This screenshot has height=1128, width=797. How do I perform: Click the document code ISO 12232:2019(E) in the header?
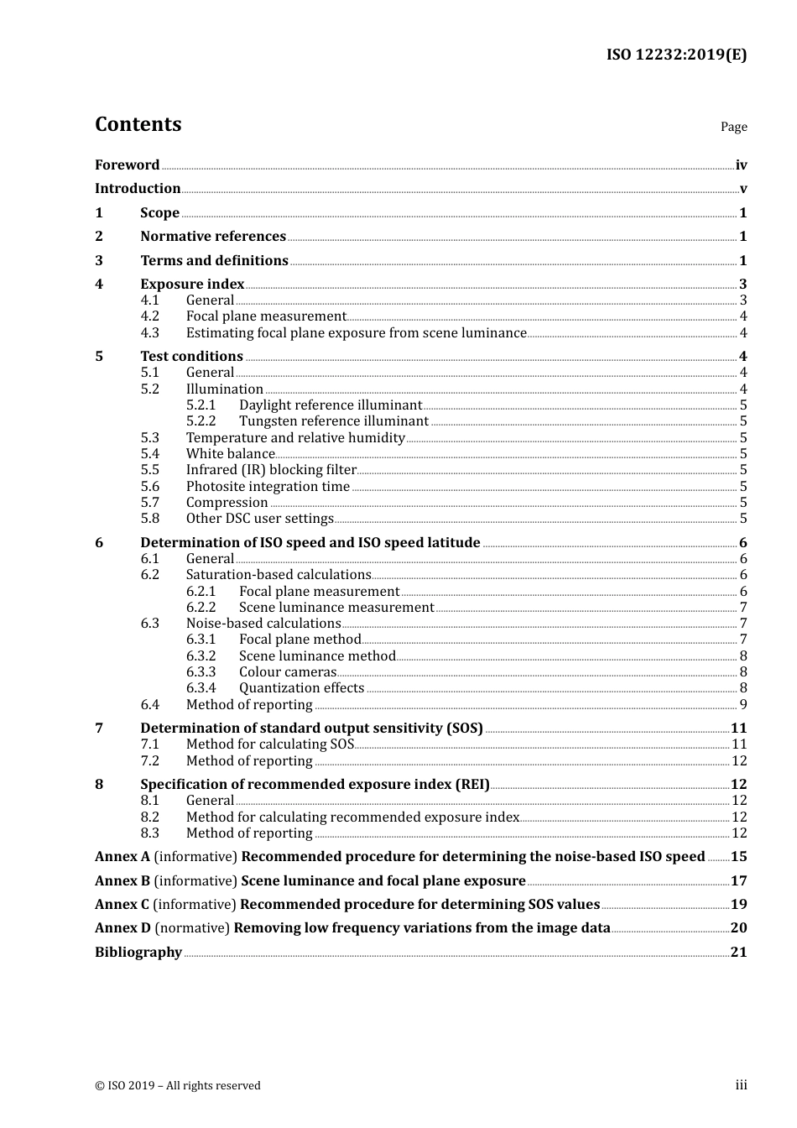[676, 55]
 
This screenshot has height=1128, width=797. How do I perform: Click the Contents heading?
[138, 124]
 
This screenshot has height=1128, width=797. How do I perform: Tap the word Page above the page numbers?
[733, 127]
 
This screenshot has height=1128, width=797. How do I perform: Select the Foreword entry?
[127, 165]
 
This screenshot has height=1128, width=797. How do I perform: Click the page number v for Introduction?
[742, 189]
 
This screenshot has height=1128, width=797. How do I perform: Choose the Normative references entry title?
[213, 237]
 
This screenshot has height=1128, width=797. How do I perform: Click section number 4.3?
[149, 333]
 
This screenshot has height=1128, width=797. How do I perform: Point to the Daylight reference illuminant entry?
[330, 405]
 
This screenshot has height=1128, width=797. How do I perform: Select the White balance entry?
[230, 454]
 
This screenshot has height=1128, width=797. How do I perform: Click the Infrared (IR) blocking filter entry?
[271, 470]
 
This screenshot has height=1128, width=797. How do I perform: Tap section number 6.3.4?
[201, 688]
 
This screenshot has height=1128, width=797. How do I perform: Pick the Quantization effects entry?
[301, 688]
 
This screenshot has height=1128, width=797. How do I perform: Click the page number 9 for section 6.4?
[742, 705]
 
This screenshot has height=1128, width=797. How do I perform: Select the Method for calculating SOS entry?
[270, 744]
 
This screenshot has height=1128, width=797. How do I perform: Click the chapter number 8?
[99, 785]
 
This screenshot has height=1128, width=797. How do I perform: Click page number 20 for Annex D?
[738, 928]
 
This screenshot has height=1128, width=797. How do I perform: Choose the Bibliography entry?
[138, 953]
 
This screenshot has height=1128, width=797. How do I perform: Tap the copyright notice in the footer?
[178, 1086]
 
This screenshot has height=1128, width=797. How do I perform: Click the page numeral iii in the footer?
[741, 1085]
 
